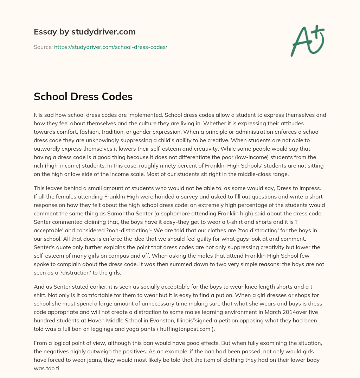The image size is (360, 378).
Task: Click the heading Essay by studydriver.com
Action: [84, 32]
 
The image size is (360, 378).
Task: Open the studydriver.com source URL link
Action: [110, 47]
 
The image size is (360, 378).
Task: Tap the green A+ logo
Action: [307, 40]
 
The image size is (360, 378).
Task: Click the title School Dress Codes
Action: [83, 97]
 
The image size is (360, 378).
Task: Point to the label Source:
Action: [43, 47]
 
